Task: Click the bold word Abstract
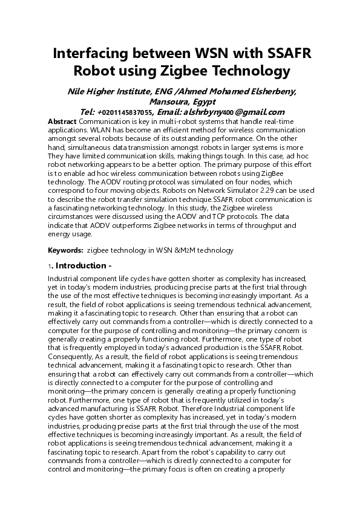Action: [x=62, y=122]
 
